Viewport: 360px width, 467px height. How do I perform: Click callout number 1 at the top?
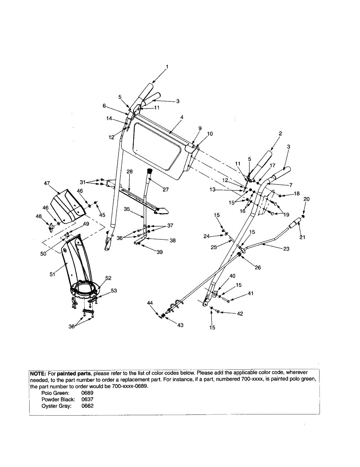coord(167,67)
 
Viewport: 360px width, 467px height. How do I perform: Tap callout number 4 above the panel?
coord(182,117)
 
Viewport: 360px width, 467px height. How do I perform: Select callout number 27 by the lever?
coord(166,190)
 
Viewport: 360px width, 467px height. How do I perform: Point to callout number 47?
coord(47,183)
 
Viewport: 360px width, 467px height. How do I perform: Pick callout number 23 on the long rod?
coord(286,249)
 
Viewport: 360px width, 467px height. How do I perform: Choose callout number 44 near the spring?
coord(150,303)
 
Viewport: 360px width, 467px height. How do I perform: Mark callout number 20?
coord(306,199)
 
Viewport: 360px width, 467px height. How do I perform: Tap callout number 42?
coord(240,314)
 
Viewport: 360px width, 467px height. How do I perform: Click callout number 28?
coord(130,172)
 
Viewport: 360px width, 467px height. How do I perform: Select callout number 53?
coord(114,291)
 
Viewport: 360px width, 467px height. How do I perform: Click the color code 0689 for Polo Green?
coord(87,393)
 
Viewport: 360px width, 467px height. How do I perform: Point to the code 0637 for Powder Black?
coord(87,399)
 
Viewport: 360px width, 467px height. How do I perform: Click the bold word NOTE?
coord(38,373)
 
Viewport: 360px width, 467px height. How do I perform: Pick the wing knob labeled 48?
coord(51,226)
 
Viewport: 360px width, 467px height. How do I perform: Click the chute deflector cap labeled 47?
coord(68,204)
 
